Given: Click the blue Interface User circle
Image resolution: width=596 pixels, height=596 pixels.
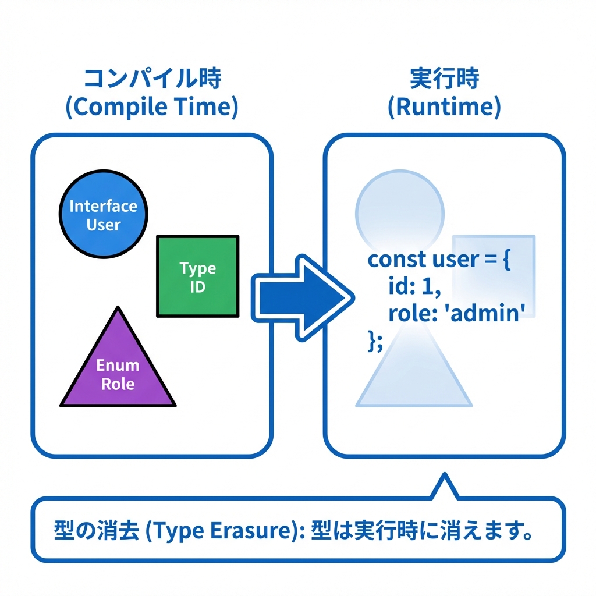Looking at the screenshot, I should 104,214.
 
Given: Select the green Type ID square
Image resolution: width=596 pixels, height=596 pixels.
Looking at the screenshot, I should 198,276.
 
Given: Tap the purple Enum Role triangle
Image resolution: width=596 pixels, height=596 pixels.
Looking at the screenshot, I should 118,367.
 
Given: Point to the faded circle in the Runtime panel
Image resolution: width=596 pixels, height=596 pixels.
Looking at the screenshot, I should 399,207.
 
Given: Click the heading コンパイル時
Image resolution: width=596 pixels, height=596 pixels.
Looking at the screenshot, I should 152,79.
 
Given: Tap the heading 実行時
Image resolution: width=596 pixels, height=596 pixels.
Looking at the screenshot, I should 444,79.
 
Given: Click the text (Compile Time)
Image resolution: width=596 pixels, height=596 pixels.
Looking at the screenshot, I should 152,108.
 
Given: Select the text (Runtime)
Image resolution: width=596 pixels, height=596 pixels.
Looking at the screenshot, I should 444,108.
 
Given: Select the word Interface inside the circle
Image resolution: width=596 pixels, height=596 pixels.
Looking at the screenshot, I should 104,206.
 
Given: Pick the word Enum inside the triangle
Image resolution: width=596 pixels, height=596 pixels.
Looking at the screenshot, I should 118,366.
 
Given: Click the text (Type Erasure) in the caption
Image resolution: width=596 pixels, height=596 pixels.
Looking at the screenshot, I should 221,532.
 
